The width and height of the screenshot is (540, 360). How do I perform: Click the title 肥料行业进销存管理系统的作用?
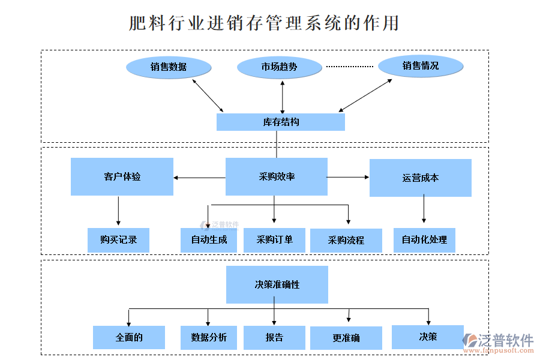[264, 23]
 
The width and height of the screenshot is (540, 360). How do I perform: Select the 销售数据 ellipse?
[169, 67]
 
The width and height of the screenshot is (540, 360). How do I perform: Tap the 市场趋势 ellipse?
[279, 67]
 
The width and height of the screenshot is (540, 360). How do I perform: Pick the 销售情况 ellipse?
[421, 65]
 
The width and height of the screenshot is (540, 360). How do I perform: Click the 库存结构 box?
[280, 122]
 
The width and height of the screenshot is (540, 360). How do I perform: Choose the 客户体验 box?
[122, 176]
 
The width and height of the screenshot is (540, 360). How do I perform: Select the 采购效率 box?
[276, 176]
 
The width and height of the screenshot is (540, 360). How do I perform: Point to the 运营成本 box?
[420, 178]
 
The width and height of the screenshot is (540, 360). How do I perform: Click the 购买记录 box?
[118, 239]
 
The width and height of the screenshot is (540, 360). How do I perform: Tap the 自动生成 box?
[208, 240]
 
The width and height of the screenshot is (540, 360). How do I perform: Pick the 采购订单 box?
[274, 239]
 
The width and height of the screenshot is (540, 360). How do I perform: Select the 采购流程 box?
[346, 240]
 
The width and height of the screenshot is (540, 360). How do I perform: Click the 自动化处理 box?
[424, 239]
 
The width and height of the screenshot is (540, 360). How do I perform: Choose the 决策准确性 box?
[277, 284]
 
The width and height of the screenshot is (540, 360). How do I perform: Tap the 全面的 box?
[128, 337]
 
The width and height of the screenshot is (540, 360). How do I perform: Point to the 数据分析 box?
[209, 337]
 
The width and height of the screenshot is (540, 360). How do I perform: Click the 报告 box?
[274, 337]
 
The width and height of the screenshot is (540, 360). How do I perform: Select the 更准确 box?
[346, 338]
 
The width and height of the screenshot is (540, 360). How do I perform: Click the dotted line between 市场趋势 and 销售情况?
[349, 66]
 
